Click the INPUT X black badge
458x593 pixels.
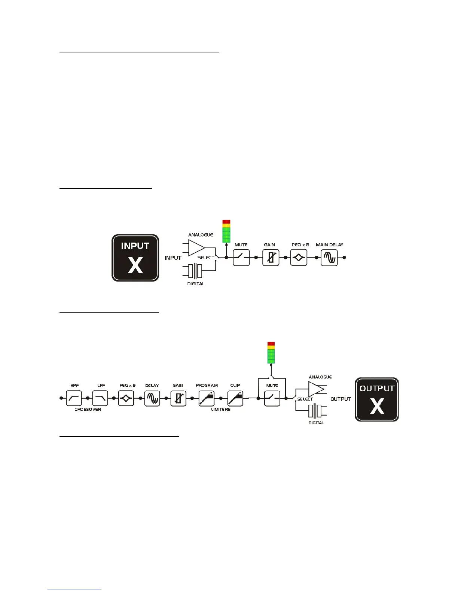[x=135, y=258]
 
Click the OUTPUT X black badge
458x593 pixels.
[x=377, y=399]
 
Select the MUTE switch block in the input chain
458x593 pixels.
[x=241, y=258]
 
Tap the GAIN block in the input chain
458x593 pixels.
[x=271, y=258]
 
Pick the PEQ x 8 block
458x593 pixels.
[x=299, y=258]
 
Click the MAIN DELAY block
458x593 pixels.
[x=329, y=258]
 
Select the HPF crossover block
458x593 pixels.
[x=74, y=398]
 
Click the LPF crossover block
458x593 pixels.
[x=100, y=398]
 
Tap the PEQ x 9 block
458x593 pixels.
[x=126, y=398]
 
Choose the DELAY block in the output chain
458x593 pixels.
[x=152, y=398]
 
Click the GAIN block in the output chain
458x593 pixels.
[x=178, y=398]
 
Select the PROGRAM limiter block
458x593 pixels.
[x=206, y=398]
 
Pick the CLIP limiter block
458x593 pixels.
[x=235, y=398]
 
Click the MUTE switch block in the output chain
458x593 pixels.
[x=272, y=398]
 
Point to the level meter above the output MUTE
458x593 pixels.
[x=271, y=352]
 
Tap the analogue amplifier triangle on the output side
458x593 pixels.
[x=316, y=389]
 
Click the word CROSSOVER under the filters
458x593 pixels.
[x=88, y=409]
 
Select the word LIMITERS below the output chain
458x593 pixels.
[x=221, y=409]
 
